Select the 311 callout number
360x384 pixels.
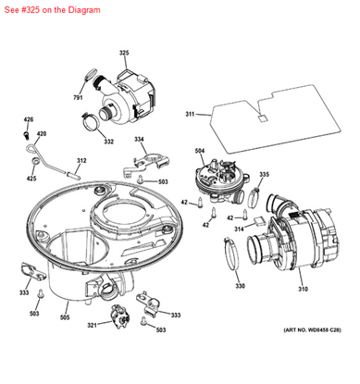[190, 115]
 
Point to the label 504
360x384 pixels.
[199, 150]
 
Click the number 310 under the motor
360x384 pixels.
[301, 289]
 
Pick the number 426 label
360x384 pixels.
[28, 120]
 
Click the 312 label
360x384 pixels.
[81, 160]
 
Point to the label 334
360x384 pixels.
[139, 140]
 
